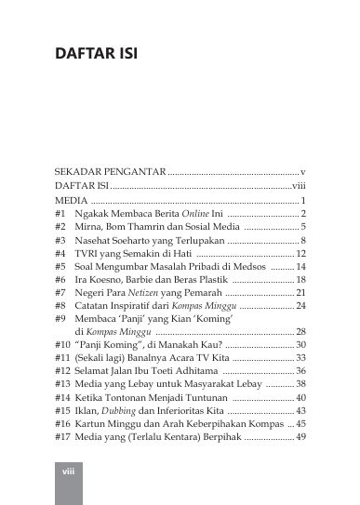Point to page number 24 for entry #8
(x=300, y=305)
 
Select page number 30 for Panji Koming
(x=300, y=344)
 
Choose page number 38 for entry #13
(x=300, y=383)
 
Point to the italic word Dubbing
(x=120, y=409)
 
